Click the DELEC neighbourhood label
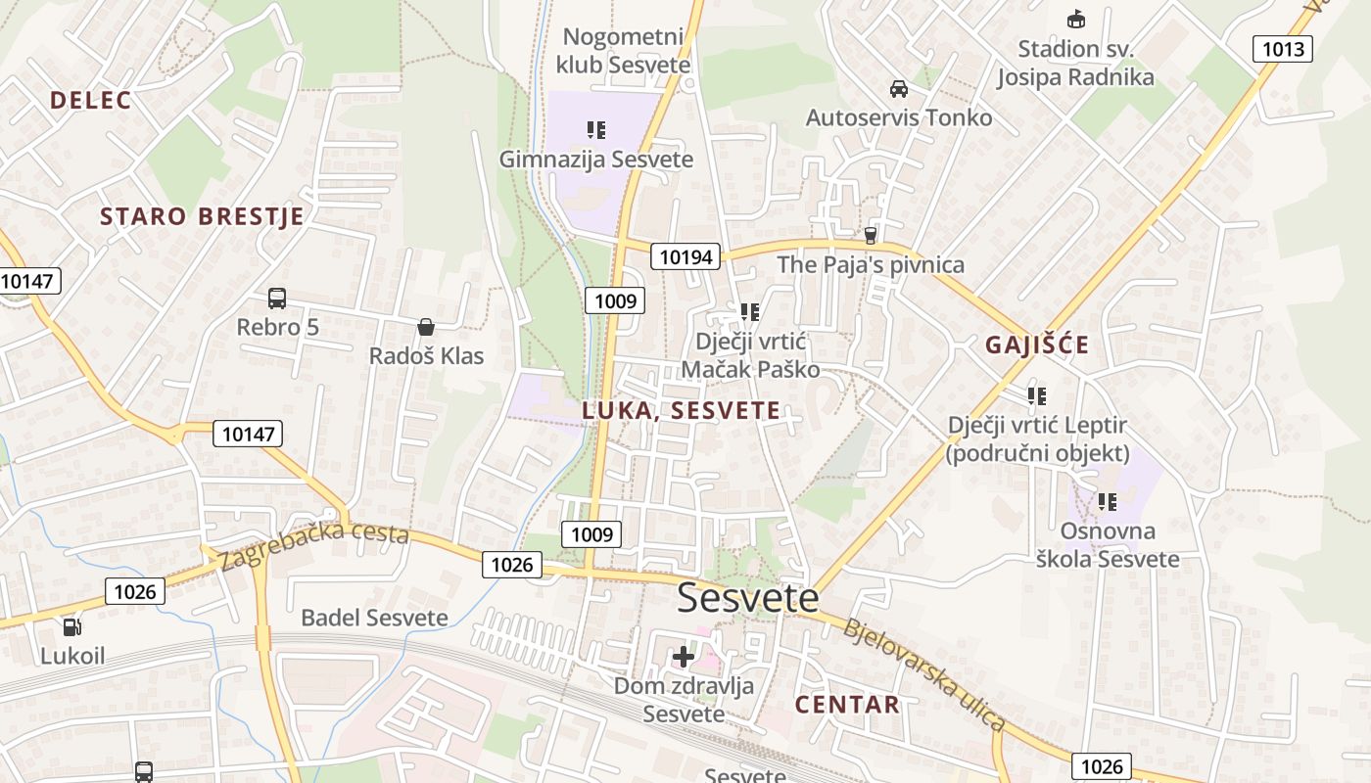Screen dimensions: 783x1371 (90, 100)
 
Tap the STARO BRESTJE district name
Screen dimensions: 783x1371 (202, 216)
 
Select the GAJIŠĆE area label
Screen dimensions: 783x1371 (1037, 345)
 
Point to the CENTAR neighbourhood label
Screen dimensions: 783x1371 (847, 704)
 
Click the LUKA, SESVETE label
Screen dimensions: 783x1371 (682, 410)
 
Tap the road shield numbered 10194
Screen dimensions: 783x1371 (686, 257)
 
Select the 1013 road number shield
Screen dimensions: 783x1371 (1283, 49)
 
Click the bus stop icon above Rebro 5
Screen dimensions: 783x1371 (277, 299)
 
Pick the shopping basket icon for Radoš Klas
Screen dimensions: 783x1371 (426, 327)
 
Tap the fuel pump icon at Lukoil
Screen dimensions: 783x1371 (71, 627)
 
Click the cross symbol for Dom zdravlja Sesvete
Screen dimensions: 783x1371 (684, 657)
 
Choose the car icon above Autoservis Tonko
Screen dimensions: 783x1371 (898, 89)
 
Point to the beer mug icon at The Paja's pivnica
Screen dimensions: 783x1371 (870, 236)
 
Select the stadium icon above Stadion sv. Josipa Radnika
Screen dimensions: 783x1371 (1075, 19)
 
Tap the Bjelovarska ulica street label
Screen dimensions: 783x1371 (924, 675)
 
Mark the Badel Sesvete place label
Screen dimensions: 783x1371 (374, 618)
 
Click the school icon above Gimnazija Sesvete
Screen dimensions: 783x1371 (596, 129)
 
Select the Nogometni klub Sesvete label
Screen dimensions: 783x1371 (623, 51)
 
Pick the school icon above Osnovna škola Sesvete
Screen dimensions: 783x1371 (1108, 502)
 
